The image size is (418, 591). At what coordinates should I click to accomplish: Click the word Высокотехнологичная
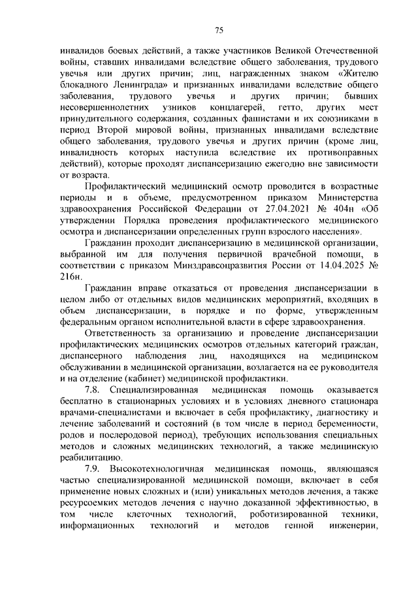[x=161, y=471]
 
